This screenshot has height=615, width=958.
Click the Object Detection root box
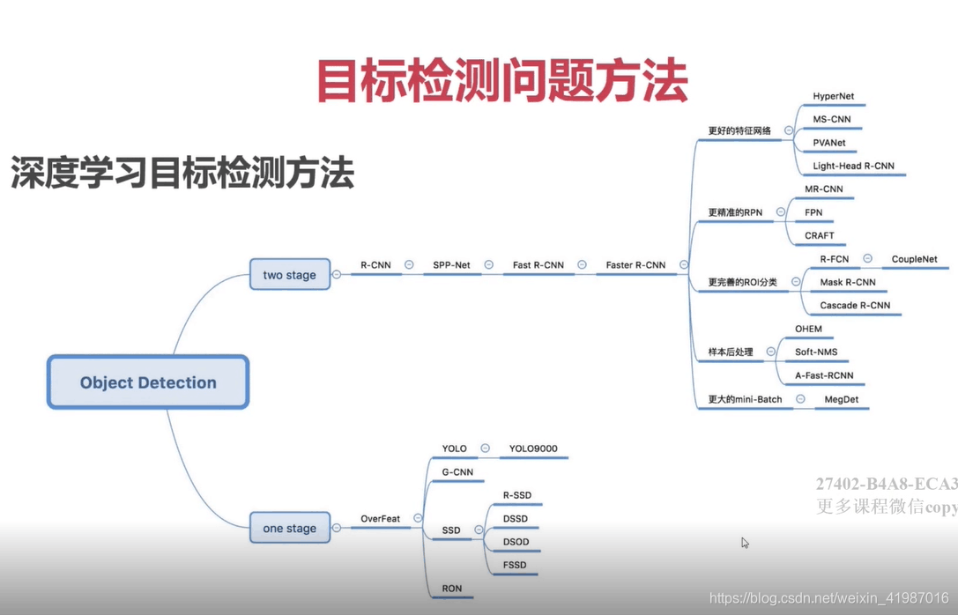(x=148, y=382)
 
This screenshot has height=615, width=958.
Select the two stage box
(x=289, y=275)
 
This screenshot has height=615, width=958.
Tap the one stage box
(x=289, y=529)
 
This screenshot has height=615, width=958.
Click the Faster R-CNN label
(x=635, y=264)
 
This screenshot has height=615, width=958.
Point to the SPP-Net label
(x=451, y=264)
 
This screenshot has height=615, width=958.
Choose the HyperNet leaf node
(x=833, y=96)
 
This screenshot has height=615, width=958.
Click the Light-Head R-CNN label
(x=853, y=166)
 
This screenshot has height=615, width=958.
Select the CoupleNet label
(x=914, y=259)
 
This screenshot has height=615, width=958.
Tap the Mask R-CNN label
(x=847, y=282)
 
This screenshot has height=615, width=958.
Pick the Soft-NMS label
(x=816, y=352)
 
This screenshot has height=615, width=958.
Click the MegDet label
(x=841, y=399)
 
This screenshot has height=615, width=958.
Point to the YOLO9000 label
(x=533, y=448)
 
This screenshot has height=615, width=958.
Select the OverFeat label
(x=380, y=518)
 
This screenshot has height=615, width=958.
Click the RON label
(x=451, y=588)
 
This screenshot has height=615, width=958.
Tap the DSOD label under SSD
(x=516, y=542)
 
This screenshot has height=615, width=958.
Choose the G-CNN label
(x=457, y=472)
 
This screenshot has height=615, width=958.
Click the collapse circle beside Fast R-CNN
(x=582, y=264)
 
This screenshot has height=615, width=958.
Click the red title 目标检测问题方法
(x=501, y=82)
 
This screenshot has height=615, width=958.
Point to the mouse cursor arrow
(x=745, y=543)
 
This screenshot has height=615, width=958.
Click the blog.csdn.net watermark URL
(x=828, y=599)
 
